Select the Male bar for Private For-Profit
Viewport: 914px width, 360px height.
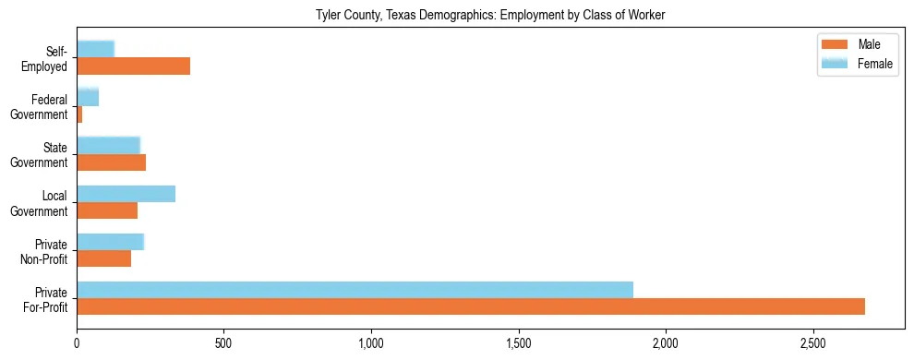click(x=471, y=306)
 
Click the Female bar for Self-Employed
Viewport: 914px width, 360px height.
click(x=95, y=49)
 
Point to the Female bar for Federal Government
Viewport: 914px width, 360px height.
click(x=88, y=97)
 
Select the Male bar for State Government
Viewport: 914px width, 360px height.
click(x=111, y=162)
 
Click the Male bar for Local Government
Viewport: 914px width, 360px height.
click(x=107, y=210)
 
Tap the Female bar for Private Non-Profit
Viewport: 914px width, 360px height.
click(x=110, y=242)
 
